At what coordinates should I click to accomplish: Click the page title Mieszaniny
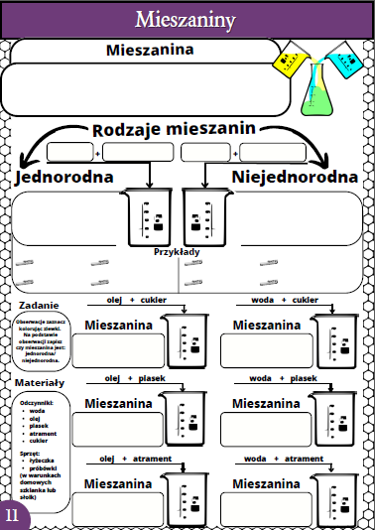187,18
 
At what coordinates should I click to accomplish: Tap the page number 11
12,515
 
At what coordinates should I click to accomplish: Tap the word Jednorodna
63,177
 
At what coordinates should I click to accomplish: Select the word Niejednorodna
295,177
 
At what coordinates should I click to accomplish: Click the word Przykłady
178,251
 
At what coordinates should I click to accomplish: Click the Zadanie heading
38,305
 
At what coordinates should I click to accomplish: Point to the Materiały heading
40,382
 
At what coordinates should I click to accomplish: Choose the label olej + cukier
136,299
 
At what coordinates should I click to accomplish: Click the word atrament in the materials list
44,432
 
